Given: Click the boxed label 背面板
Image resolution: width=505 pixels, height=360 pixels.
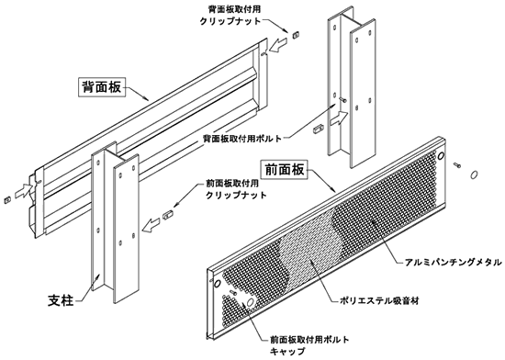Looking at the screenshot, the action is (x=102, y=86).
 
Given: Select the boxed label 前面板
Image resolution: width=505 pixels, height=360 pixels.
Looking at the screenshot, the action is (x=284, y=169).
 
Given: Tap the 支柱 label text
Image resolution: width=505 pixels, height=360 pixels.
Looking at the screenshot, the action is (x=61, y=300).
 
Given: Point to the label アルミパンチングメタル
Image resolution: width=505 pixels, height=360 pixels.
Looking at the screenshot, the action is (x=454, y=263).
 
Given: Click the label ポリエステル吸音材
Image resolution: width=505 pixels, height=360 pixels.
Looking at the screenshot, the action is (x=379, y=301).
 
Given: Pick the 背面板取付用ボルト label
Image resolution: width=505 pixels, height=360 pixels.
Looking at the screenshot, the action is (x=242, y=139).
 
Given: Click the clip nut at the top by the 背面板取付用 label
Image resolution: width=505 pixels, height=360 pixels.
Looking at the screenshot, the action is (x=295, y=34).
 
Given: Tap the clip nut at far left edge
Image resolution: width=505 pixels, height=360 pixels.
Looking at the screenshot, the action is (x=7, y=199).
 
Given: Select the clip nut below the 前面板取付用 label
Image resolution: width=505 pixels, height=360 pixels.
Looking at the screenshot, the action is (x=167, y=215).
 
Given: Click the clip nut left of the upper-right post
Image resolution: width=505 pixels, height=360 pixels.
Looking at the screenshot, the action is (x=318, y=129).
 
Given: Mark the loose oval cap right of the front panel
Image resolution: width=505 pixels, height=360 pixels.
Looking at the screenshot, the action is (x=474, y=174).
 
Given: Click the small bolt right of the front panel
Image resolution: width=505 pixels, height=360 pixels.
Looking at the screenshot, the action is (x=457, y=165).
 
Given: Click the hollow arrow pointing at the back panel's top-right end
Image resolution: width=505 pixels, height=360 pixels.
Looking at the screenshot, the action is (x=278, y=45).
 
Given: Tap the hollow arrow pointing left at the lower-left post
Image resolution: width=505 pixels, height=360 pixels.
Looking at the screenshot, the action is (x=151, y=225).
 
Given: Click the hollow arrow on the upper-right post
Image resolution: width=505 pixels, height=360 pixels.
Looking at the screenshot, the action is (x=338, y=118).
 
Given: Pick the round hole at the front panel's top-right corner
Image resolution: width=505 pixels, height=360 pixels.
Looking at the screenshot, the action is (x=441, y=156).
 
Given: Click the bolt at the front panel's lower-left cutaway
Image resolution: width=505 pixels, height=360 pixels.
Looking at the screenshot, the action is (x=233, y=292).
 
